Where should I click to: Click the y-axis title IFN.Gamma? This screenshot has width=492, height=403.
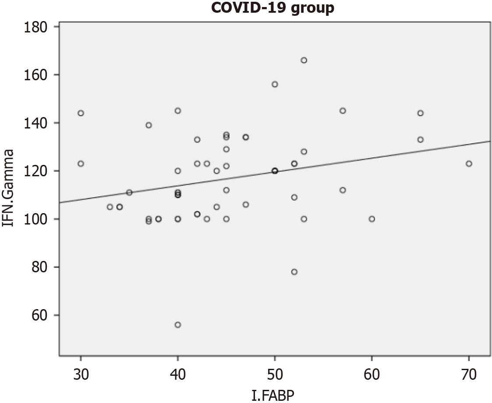point(9,188)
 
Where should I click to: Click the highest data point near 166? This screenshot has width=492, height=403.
point(304,60)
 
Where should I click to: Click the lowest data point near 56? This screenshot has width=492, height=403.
point(178,325)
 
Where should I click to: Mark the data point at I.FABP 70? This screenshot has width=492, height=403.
point(469,164)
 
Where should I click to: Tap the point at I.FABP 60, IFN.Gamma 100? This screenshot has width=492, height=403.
point(372,219)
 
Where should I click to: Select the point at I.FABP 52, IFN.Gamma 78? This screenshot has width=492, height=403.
point(294,272)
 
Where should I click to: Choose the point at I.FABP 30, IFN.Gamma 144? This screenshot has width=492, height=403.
point(81,113)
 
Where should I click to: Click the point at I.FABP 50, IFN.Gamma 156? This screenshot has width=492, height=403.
point(275,84)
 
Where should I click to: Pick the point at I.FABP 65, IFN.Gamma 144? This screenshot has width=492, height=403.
point(420,113)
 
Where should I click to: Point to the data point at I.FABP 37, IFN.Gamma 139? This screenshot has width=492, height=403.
point(149,125)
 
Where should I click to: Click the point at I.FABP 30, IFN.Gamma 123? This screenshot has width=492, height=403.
point(81,164)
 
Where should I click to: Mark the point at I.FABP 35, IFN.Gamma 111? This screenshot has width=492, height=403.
point(129,193)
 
